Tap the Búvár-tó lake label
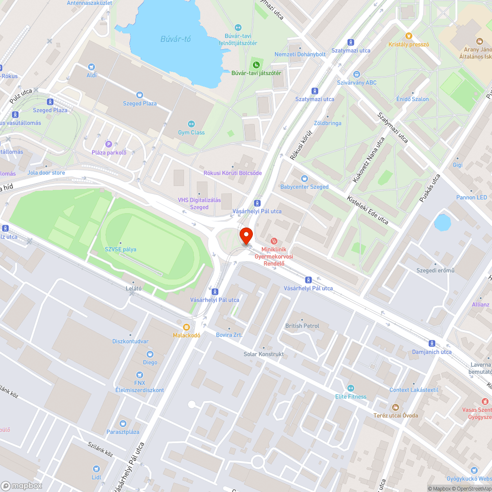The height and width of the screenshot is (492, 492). coord(176,39)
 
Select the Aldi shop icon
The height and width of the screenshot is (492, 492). coord(91,67)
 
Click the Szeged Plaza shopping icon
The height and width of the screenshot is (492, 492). coord(140,95)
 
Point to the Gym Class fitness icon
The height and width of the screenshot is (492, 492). coord(191,124)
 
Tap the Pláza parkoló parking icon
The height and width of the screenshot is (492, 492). coord(109,144)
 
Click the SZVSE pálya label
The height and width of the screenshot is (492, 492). coord(121,249)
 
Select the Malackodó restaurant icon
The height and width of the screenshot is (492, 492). coord(186,327)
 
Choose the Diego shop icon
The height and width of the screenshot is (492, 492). coord(150,354)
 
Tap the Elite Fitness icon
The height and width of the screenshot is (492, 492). coord(351,388)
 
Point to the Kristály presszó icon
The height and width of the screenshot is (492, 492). coord(408,36)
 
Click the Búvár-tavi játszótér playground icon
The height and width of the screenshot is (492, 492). coord(256,64)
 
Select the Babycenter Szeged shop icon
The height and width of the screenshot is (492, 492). coord(305,179)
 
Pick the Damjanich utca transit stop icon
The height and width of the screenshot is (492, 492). coord(432,343)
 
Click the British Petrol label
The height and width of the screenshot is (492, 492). coord(302,326)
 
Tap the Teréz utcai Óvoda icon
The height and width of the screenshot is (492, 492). coord(396,407)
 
